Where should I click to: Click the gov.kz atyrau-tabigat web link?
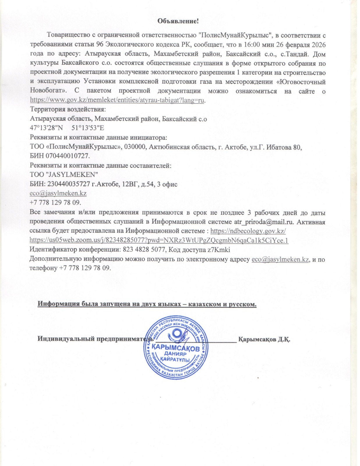tap(117, 100)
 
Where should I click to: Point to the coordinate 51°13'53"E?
tap(88, 128)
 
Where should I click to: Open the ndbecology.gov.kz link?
tap(248, 231)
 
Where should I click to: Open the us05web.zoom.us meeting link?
tap(159, 241)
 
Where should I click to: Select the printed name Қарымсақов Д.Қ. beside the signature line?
tap(264, 339)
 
